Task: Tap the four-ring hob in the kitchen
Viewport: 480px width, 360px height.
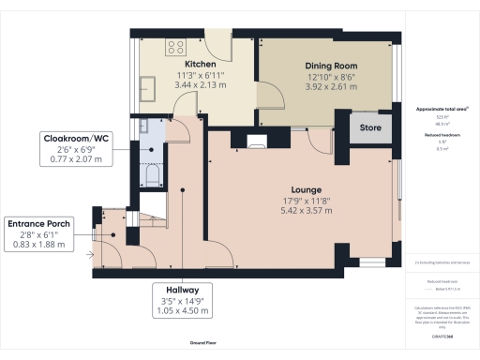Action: [x=175, y=46]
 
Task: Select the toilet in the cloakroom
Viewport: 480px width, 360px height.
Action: [x=150, y=175]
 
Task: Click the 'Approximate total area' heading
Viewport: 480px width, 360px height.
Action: [x=435, y=110]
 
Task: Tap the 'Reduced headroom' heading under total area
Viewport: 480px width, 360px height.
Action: [x=435, y=134]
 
